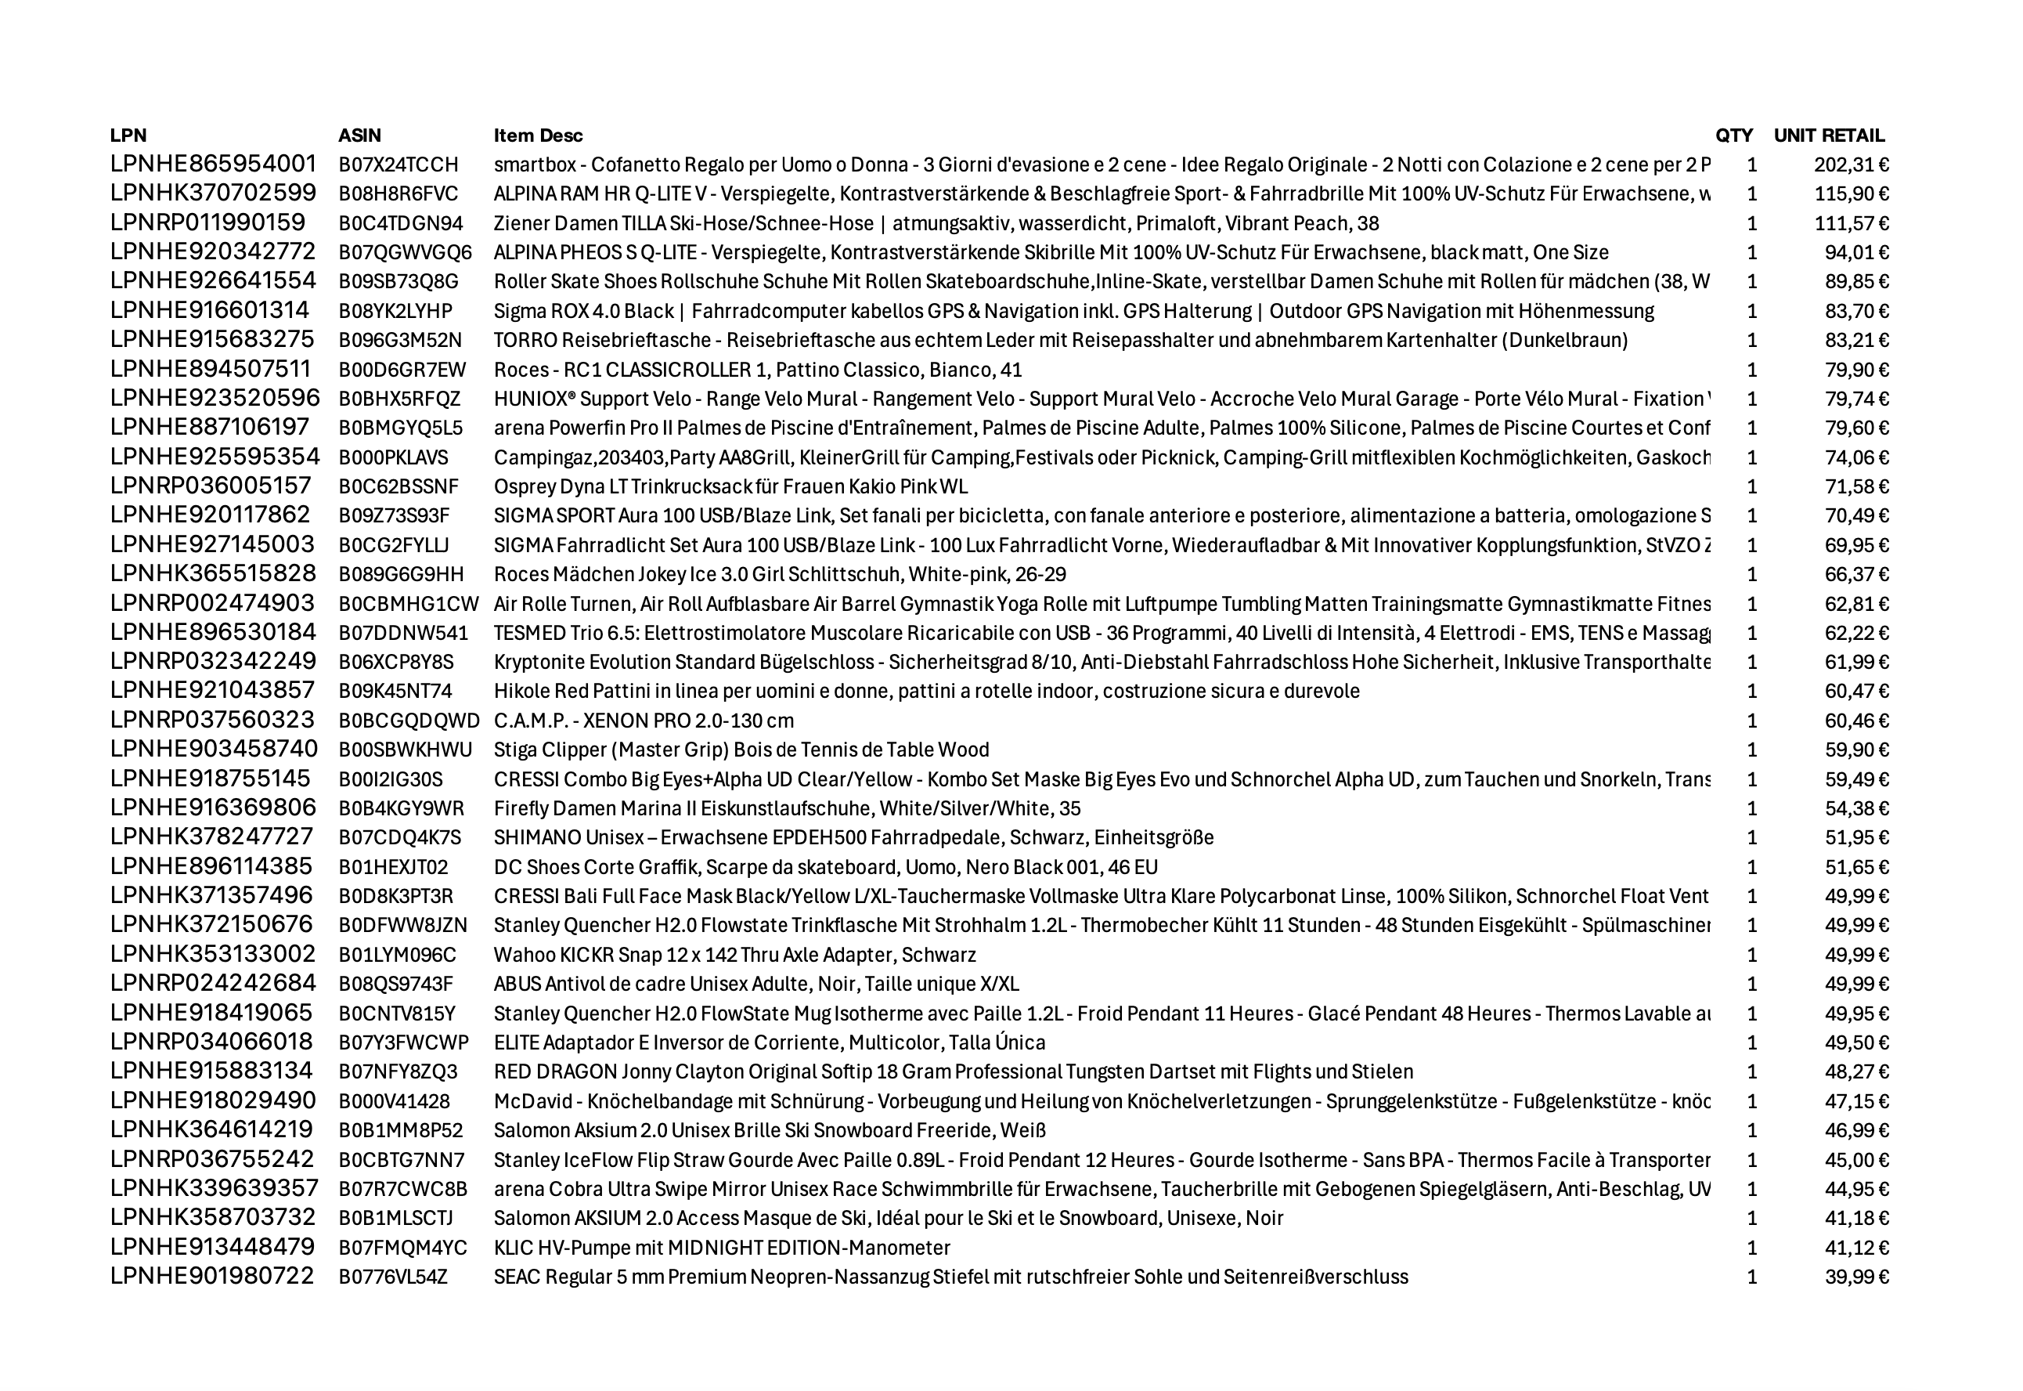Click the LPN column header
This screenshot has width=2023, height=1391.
point(128,135)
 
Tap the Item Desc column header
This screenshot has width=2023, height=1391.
point(538,135)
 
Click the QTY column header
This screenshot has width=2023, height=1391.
point(1734,135)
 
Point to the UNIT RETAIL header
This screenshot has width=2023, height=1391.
point(1829,135)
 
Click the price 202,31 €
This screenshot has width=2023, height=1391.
point(1852,164)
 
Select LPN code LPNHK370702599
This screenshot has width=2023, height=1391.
point(213,193)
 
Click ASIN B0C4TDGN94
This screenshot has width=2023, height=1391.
point(401,223)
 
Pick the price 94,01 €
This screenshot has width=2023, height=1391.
point(1856,253)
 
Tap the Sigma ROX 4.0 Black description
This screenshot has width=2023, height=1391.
point(1073,311)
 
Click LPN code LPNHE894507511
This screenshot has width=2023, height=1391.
point(210,370)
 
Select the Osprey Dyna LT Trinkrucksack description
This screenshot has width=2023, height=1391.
point(730,486)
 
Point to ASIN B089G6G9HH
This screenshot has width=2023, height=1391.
point(401,574)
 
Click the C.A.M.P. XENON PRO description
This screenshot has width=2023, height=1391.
point(643,721)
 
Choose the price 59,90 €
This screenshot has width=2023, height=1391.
point(1856,750)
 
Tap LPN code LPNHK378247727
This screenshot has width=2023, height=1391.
point(211,837)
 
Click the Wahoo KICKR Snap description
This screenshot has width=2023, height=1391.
point(734,956)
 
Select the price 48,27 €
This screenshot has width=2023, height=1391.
point(1856,1072)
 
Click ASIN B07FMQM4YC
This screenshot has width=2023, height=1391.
point(402,1248)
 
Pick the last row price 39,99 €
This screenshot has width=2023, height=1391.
point(1856,1277)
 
